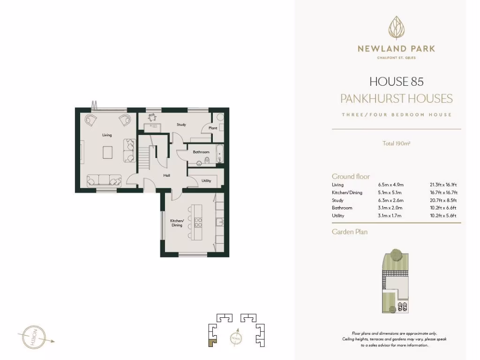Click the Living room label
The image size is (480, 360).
[x=107, y=135]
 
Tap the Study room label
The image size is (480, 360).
[x=181, y=125]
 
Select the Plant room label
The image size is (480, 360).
[x=213, y=127]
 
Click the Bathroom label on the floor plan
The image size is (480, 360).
[x=201, y=152]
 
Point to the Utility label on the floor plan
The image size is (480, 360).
[x=206, y=180]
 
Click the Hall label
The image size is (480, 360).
[x=166, y=175]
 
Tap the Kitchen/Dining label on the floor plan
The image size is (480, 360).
[x=176, y=223]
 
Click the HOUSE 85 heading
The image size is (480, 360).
[x=396, y=82]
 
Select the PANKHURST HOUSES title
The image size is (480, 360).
[x=396, y=98]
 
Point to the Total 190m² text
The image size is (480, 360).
[x=396, y=143]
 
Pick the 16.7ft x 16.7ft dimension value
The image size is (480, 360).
[x=443, y=193]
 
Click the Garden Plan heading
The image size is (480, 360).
[x=350, y=232]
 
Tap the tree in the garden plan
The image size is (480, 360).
[x=397, y=255]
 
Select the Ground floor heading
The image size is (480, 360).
[x=351, y=176]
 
